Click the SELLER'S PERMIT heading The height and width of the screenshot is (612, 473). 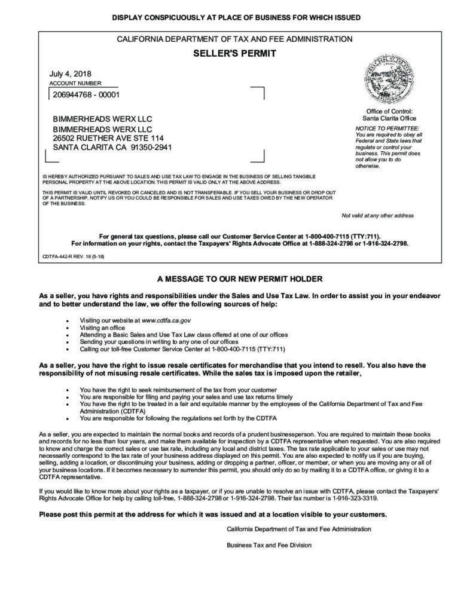pyautogui.click(x=234, y=53)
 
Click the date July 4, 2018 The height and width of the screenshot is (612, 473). pyautogui.click(x=71, y=74)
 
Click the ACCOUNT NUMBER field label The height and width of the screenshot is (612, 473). pyautogui.click(x=75, y=84)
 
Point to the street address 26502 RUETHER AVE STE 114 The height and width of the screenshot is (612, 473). pyautogui.click(x=108, y=138)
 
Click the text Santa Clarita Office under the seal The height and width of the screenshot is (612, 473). pyautogui.click(x=389, y=118)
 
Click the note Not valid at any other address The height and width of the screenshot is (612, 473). pyautogui.click(x=377, y=215)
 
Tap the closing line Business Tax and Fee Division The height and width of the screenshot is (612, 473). pyautogui.click(x=269, y=545)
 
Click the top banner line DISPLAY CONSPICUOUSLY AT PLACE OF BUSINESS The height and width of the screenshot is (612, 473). pyautogui.click(x=236, y=18)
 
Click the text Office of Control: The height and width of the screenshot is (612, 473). pyautogui.click(x=389, y=111)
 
